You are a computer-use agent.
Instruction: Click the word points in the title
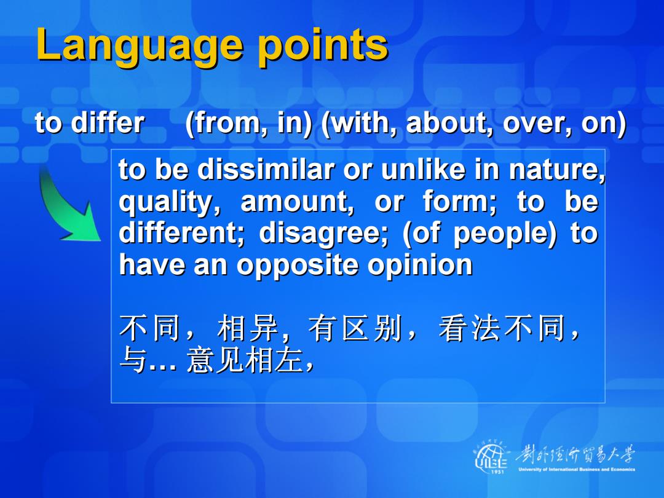(x=323, y=44)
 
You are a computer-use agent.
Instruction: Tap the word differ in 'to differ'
(x=108, y=123)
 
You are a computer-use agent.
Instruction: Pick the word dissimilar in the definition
(x=266, y=169)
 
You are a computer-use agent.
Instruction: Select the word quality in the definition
(x=170, y=202)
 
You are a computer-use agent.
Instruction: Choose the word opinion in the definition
(x=420, y=266)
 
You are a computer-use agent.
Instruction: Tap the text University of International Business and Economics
(x=576, y=469)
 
